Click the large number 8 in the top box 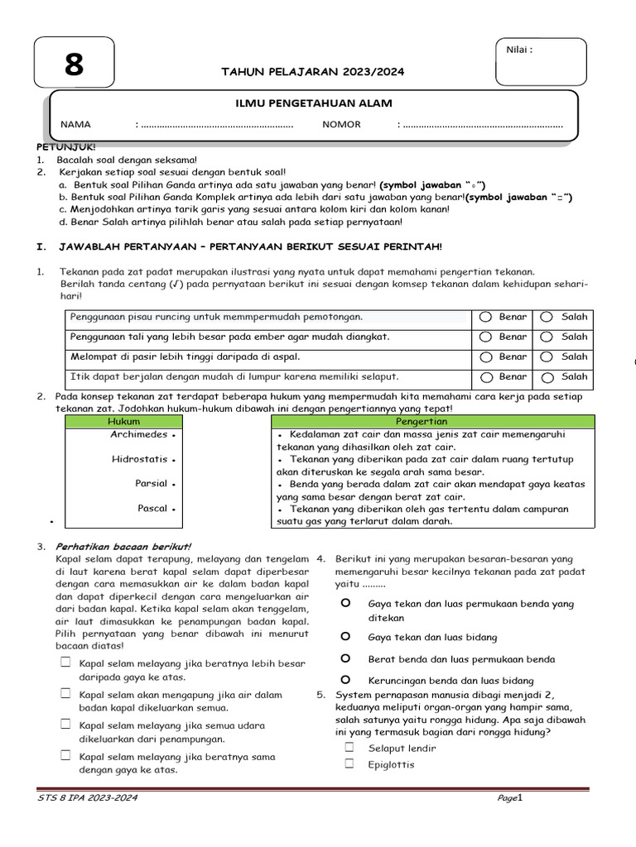click(74, 65)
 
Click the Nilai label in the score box click(518, 50)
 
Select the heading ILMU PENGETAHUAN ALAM click(315, 103)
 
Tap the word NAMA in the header click(75, 125)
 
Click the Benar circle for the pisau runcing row click(484, 318)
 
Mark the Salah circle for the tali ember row click(547, 337)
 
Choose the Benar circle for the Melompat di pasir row click(484, 357)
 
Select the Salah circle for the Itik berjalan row click(547, 377)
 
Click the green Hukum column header click(124, 422)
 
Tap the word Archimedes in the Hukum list click(139, 434)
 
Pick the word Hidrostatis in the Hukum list click(139, 459)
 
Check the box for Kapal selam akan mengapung click(65, 693)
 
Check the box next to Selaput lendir click(349, 747)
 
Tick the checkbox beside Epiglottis click(349, 763)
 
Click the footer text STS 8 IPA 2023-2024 click(88, 798)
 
